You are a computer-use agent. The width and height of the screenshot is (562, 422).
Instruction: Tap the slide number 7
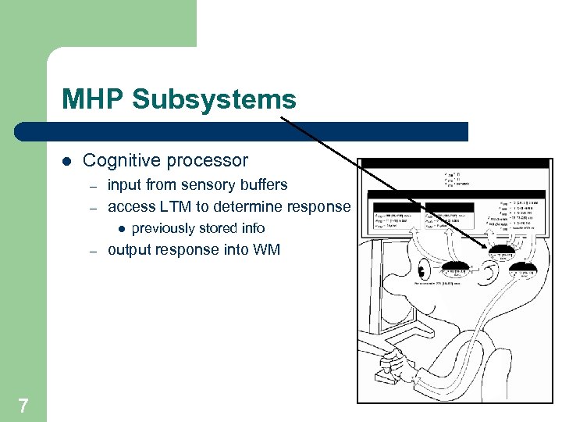[x=23, y=405]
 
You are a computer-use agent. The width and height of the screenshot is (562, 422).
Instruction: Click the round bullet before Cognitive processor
[x=66, y=161]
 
